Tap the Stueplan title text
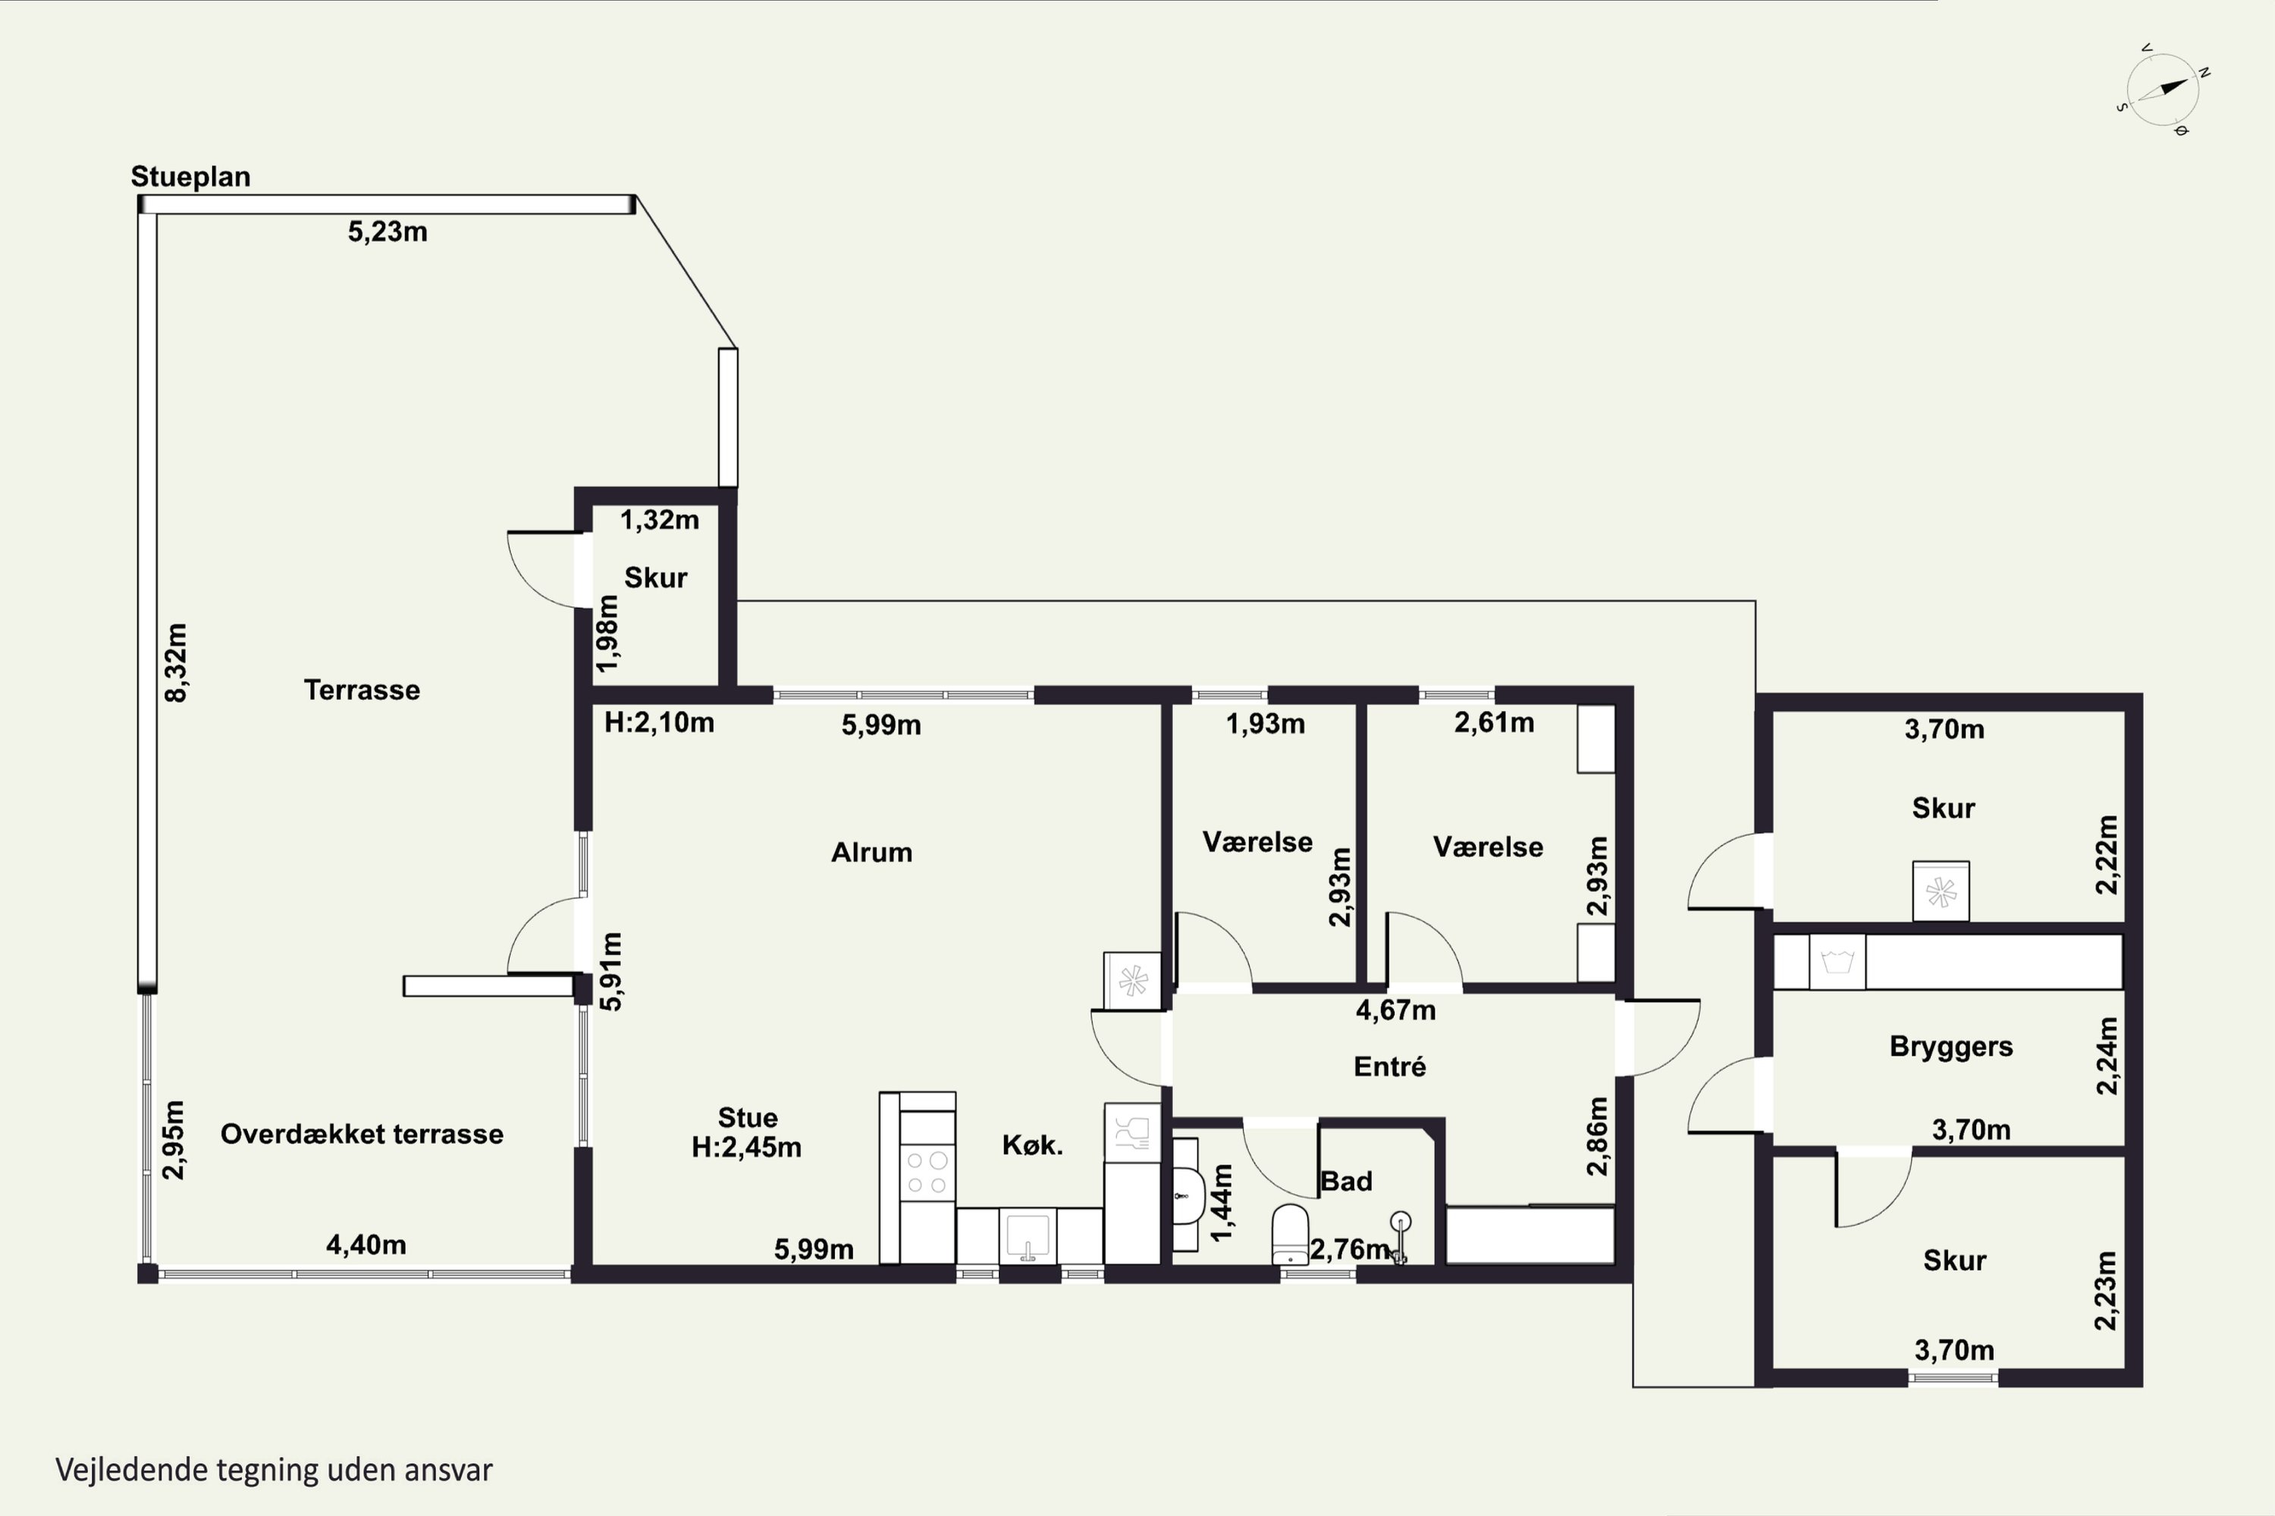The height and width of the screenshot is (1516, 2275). click(x=190, y=177)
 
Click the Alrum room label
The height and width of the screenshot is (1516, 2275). click(x=871, y=852)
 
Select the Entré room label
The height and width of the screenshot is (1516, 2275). click(x=1390, y=1067)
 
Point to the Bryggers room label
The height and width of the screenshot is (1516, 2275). click(x=1951, y=1047)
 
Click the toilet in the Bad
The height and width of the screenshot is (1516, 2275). click(x=1291, y=1234)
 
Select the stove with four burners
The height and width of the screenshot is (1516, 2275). click(x=927, y=1173)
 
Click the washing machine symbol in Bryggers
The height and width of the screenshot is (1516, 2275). click(x=1837, y=962)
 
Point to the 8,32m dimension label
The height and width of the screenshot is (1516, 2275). click(x=176, y=662)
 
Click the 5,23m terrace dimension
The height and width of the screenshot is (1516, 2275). click(x=387, y=232)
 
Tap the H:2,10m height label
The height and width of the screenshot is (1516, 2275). click(x=659, y=722)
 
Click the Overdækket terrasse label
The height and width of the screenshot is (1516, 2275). click(x=362, y=1134)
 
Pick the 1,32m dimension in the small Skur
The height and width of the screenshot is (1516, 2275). click(x=659, y=520)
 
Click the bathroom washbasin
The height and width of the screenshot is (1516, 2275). click(x=1188, y=1196)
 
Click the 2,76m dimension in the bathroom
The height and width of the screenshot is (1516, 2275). click(x=1349, y=1249)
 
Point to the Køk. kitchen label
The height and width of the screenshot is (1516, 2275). click(x=1032, y=1145)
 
